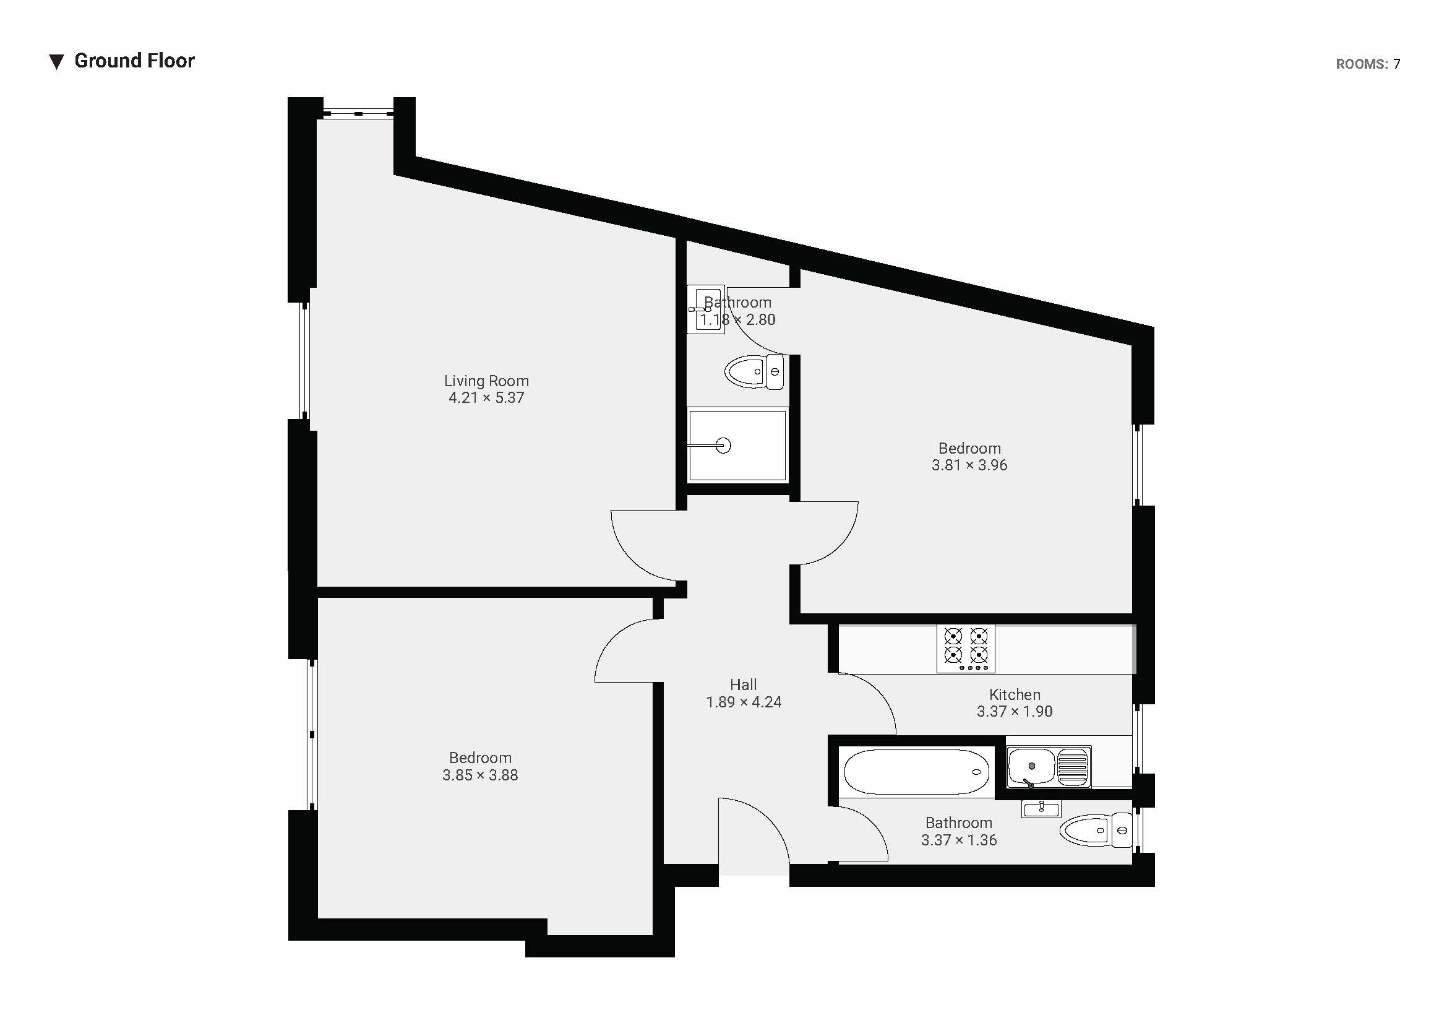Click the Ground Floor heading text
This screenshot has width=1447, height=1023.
click(134, 61)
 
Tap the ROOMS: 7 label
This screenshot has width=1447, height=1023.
click(1368, 64)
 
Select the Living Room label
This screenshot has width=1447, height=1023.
click(486, 381)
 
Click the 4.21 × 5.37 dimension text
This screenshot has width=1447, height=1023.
click(486, 398)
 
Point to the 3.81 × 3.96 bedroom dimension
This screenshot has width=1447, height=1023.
click(969, 465)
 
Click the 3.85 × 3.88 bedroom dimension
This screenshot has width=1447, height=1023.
click(480, 775)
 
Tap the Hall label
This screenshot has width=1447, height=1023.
click(744, 684)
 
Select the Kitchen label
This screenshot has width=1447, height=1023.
click(1015, 694)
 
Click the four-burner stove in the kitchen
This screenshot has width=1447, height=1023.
click(966, 649)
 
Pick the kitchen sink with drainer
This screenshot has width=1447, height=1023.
click(1049, 767)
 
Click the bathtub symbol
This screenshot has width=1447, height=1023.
click(916, 772)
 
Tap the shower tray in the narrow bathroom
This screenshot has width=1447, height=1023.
click(737, 446)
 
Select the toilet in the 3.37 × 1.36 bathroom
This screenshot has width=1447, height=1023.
click(1096, 830)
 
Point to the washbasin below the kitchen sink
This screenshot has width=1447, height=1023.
click(1041, 809)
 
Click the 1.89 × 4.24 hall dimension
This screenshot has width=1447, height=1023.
click(744, 702)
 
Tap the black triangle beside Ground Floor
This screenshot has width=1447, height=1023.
click(57, 62)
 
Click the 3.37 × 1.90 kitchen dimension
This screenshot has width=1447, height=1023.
click(1015, 712)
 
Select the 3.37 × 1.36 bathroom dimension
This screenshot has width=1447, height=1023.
click(958, 840)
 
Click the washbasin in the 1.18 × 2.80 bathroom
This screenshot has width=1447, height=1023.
click(706, 309)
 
